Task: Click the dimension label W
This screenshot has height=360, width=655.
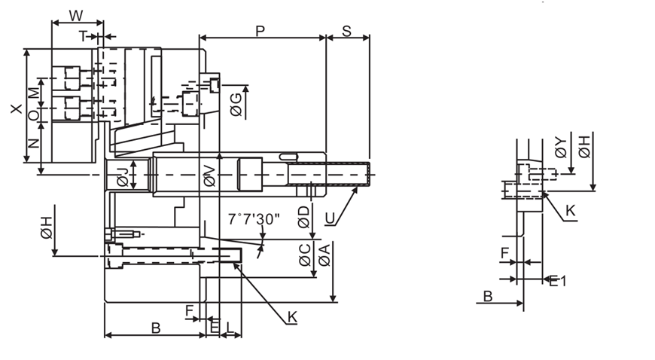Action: pyautogui.click(x=76, y=16)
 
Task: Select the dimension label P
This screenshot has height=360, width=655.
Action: pyautogui.click(x=260, y=31)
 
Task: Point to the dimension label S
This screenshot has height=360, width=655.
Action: pyautogui.click(x=347, y=31)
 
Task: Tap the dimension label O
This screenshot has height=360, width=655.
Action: pyautogui.click(x=32, y=115)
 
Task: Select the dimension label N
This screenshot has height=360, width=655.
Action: pyautogui.click(x=32, y=143)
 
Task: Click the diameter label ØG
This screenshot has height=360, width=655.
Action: pyautogui.click(x=235, y=102)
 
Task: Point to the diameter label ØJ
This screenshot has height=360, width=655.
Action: pyautogui.click(x=122, y=175)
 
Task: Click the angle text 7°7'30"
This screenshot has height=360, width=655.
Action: pyautogui.click(x=254, y=219)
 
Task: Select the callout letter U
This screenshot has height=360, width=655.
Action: pyautogui.click(x=329, y=218)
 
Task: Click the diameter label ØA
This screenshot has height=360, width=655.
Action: pyautogui.click(x=324, y=255)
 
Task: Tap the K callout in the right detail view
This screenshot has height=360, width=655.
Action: pyautogui.click(x=571, y=212)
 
